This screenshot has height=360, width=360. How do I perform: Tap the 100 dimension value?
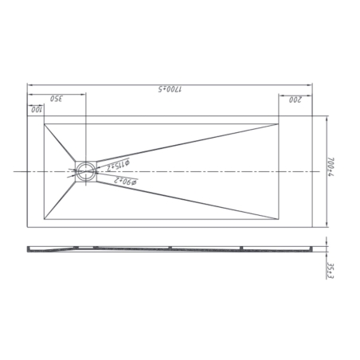click(x=36, y=109)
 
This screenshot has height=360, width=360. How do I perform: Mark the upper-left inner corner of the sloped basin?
click(x=46, y=123)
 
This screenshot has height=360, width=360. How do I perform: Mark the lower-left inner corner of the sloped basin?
click(x=46, y=218)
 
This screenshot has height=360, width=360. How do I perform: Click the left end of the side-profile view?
click(x=29, y=248)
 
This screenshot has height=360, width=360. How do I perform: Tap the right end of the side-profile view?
click(x=311, y=248)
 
